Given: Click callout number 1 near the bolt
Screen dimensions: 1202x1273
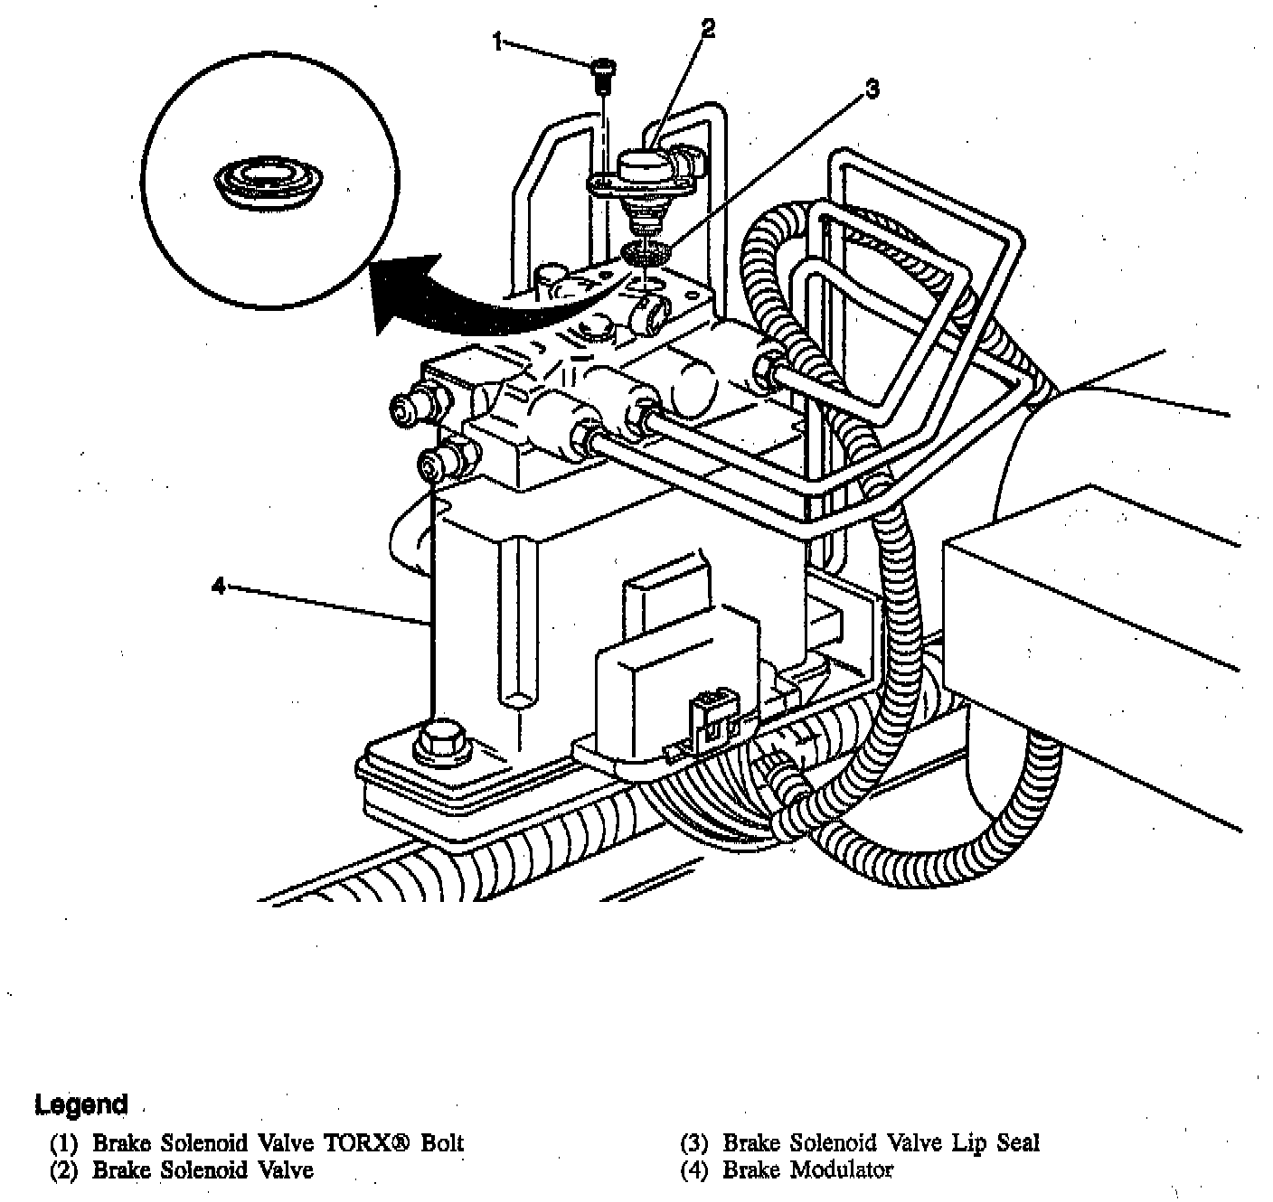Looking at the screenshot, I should pyautogui.click(x=497, y=40).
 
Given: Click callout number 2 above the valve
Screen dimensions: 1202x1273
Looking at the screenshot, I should pyautogui.click(x=708, y=29).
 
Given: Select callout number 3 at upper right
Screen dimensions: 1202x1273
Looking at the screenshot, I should pyautogui.click(x=872, y=89).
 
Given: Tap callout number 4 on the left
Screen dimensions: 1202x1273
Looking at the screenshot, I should pyautogui.click(x=218, y=587).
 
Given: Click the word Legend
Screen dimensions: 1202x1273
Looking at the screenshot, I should pyautogui.click(x=81, y=1104).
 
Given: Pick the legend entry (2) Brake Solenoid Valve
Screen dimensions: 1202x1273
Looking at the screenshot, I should pyautogui.click(x=182, y=1170).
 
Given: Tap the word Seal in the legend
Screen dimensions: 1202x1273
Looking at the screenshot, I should pyautogui.click(x=1018, y=1143).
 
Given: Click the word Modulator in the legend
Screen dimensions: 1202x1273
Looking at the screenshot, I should pyautogui.click(x=842, y=1170).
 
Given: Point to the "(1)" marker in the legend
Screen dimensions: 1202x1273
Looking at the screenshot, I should pyautogui.click(x=64, y=1143).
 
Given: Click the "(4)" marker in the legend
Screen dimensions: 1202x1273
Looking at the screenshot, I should pyautogui.click(x=695, y=1170).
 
